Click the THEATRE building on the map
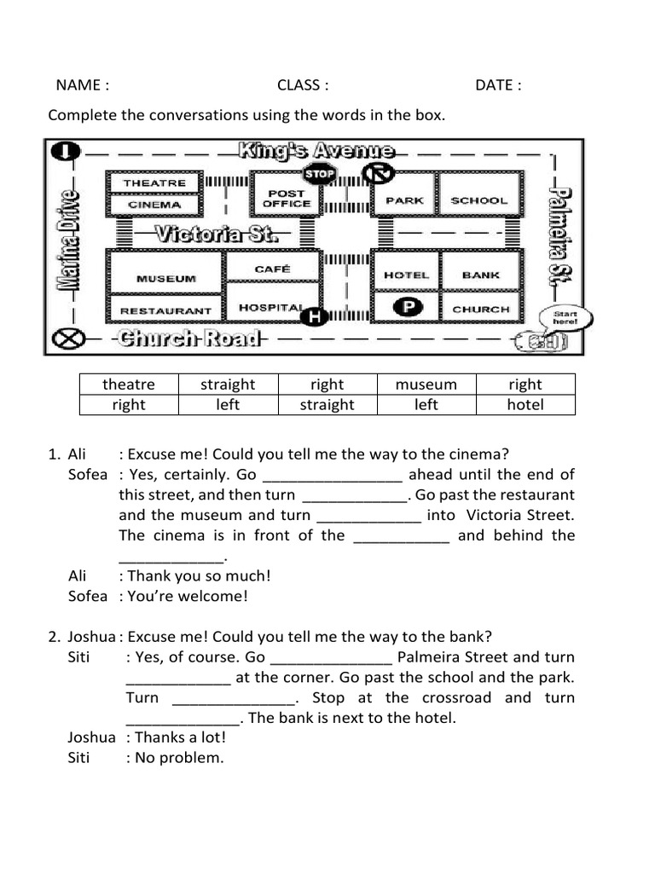pos(154,182)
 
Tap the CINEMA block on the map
pos(154,205)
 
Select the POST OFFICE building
pos(287,199)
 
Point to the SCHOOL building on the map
pos(478,200)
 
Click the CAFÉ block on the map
pos(273,269)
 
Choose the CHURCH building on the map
pos(480,309)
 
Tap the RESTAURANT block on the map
pos(165,311)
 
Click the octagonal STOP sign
pos(321,174)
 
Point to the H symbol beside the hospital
pos(314,317)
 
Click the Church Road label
pos(189,338)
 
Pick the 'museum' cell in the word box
pos(426,384)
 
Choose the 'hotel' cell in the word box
pos(525,405)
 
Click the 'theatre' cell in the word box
pos(129,384)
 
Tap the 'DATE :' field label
pos(498,84)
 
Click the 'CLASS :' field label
pos(303,84)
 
